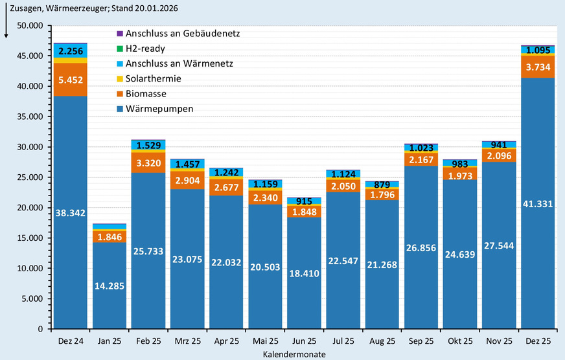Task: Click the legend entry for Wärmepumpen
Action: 160,109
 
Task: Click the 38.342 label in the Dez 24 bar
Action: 70,213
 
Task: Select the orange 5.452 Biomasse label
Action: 70,80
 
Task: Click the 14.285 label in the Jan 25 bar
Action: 109,286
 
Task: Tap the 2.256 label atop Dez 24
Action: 70,51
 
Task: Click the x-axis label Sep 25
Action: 421,341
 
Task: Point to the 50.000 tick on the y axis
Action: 30,25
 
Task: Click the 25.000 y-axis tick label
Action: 30,177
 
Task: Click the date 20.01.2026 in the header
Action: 151,8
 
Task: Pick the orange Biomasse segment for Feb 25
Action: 148,163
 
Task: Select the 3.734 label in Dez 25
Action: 537,67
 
